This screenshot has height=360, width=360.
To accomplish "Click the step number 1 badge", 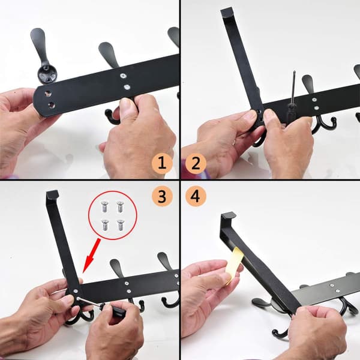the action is pos(162,163).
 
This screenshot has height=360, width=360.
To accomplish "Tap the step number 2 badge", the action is pos(196,163).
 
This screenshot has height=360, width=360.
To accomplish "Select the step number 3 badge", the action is pos(162,196).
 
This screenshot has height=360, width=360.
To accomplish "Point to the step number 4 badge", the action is pos(196,196).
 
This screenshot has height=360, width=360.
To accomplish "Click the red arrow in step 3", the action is pos(92,256).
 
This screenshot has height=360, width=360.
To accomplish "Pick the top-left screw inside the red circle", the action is pos(104,206).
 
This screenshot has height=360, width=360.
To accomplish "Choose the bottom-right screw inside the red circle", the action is pos(120,225).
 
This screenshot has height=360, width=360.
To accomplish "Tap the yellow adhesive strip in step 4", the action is pos(234,266).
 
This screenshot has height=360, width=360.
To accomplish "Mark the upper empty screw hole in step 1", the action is pos(48,94).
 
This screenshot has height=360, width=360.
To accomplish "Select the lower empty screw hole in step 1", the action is pos(51,106).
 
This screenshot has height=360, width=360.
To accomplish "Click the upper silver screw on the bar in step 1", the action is pos(123,76).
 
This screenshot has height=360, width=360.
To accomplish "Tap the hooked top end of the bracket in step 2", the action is pos(227,12).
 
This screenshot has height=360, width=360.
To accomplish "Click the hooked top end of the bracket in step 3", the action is pos(52,194).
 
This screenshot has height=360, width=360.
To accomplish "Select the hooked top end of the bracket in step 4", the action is pos(228,216).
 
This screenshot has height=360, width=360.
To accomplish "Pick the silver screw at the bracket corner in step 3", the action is pos(75,291).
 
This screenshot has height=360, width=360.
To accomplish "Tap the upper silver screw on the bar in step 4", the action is pos(331,286).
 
